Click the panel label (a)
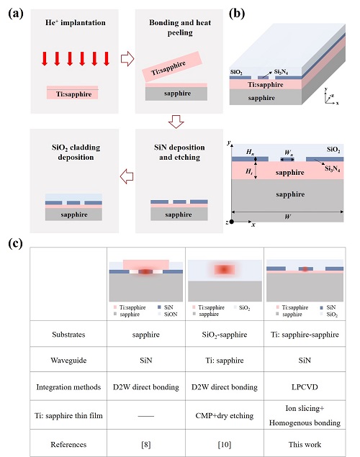16,14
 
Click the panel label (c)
15,244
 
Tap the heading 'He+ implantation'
75,22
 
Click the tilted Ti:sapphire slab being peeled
172,66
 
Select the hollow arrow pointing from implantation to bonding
127,59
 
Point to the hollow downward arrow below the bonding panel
176,122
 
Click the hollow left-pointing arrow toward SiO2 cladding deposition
127,176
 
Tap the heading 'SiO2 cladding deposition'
76,152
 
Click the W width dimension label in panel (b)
287,217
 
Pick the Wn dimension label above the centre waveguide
288,153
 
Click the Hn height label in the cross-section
250,152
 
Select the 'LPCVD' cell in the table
305,387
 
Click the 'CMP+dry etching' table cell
225,415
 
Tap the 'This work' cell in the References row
305,444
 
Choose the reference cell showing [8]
145,445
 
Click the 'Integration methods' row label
68,387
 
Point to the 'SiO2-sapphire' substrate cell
225,335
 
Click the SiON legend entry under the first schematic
168,315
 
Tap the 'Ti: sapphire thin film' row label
68,415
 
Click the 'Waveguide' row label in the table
68,361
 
